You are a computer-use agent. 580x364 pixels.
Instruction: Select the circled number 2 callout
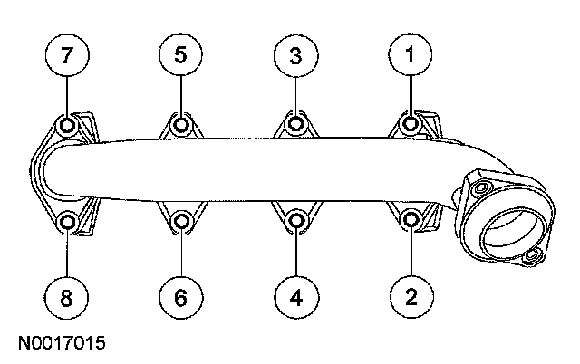(x=410, y=295)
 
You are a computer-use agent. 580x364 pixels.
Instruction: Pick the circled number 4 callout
(x=295, y=295)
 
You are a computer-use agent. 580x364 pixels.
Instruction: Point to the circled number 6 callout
(x=181, y=295)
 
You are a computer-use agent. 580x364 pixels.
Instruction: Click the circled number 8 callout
(x=67, y=295)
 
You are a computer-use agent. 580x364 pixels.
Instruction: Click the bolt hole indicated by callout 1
(x=411, y=124)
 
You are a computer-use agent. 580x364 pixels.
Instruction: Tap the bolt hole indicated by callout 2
(x=410, y=220)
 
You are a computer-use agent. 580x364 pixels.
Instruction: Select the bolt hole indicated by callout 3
(x=295, y=124)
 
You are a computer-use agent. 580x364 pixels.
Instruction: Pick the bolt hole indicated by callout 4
(x=295, y=220)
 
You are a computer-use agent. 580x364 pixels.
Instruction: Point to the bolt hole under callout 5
(x=181, y=124)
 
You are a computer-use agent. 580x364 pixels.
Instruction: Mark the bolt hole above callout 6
(x=181, y=220)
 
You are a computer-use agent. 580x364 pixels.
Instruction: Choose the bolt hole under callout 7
(x=67, y=124)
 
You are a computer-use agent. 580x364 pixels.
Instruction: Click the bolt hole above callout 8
(x=67, y=220)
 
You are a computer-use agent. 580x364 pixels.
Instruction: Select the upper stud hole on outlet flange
(x=478, y=187)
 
